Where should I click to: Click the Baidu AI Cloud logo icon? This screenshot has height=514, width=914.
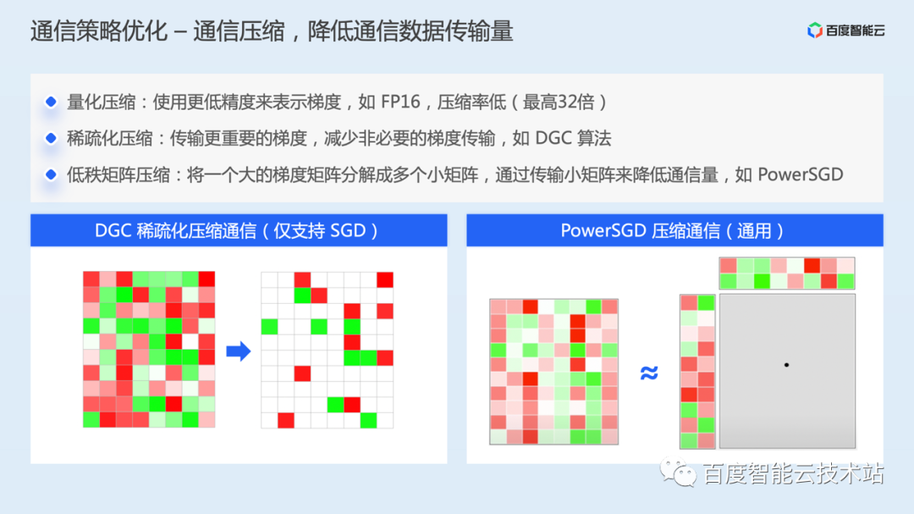click(x=815, y=31)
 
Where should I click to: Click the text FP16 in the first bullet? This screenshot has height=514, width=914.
click(x=402, y=102)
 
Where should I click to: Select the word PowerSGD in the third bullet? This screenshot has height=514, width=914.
click(x=801, y=174)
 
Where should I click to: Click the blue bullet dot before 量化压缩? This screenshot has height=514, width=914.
click(x=51, y=102)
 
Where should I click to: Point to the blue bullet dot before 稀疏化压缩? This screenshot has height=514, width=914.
click(x=51, y=138)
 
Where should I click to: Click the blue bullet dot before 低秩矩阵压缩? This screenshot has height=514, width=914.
click(x=51, y=174)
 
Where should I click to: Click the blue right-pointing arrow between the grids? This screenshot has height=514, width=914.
click(x=239, y=350)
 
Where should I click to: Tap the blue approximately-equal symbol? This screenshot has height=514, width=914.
click(x=649, y=373)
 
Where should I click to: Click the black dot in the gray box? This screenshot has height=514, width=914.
click(x=786, y=365)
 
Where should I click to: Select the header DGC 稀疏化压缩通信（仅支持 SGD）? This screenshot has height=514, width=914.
click(x=239, y=230)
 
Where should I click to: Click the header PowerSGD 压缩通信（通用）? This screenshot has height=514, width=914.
click(x=674, y=230)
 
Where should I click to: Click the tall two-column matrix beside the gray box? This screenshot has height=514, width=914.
click(x=697, y=371)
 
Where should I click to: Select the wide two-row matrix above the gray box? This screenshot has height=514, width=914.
click(x=787, y=274)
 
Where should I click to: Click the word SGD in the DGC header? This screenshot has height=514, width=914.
click(x=347, y=230)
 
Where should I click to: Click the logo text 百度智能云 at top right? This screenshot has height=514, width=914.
click(x=856, y=31)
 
